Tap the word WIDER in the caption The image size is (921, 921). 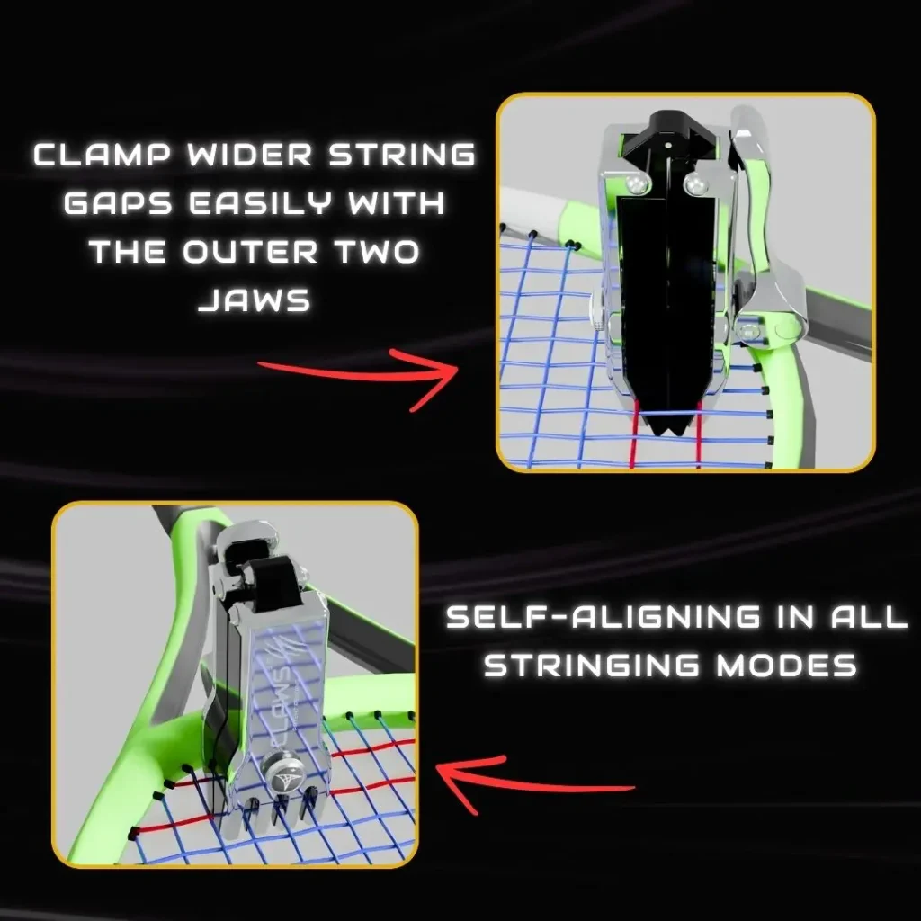[253, 155]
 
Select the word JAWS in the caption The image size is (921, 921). [254, 300]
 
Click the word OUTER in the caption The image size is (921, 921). [250, 252]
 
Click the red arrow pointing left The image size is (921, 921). [534, 784]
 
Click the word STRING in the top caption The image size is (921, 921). [402, 155]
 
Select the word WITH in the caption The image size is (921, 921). [396, 203]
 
